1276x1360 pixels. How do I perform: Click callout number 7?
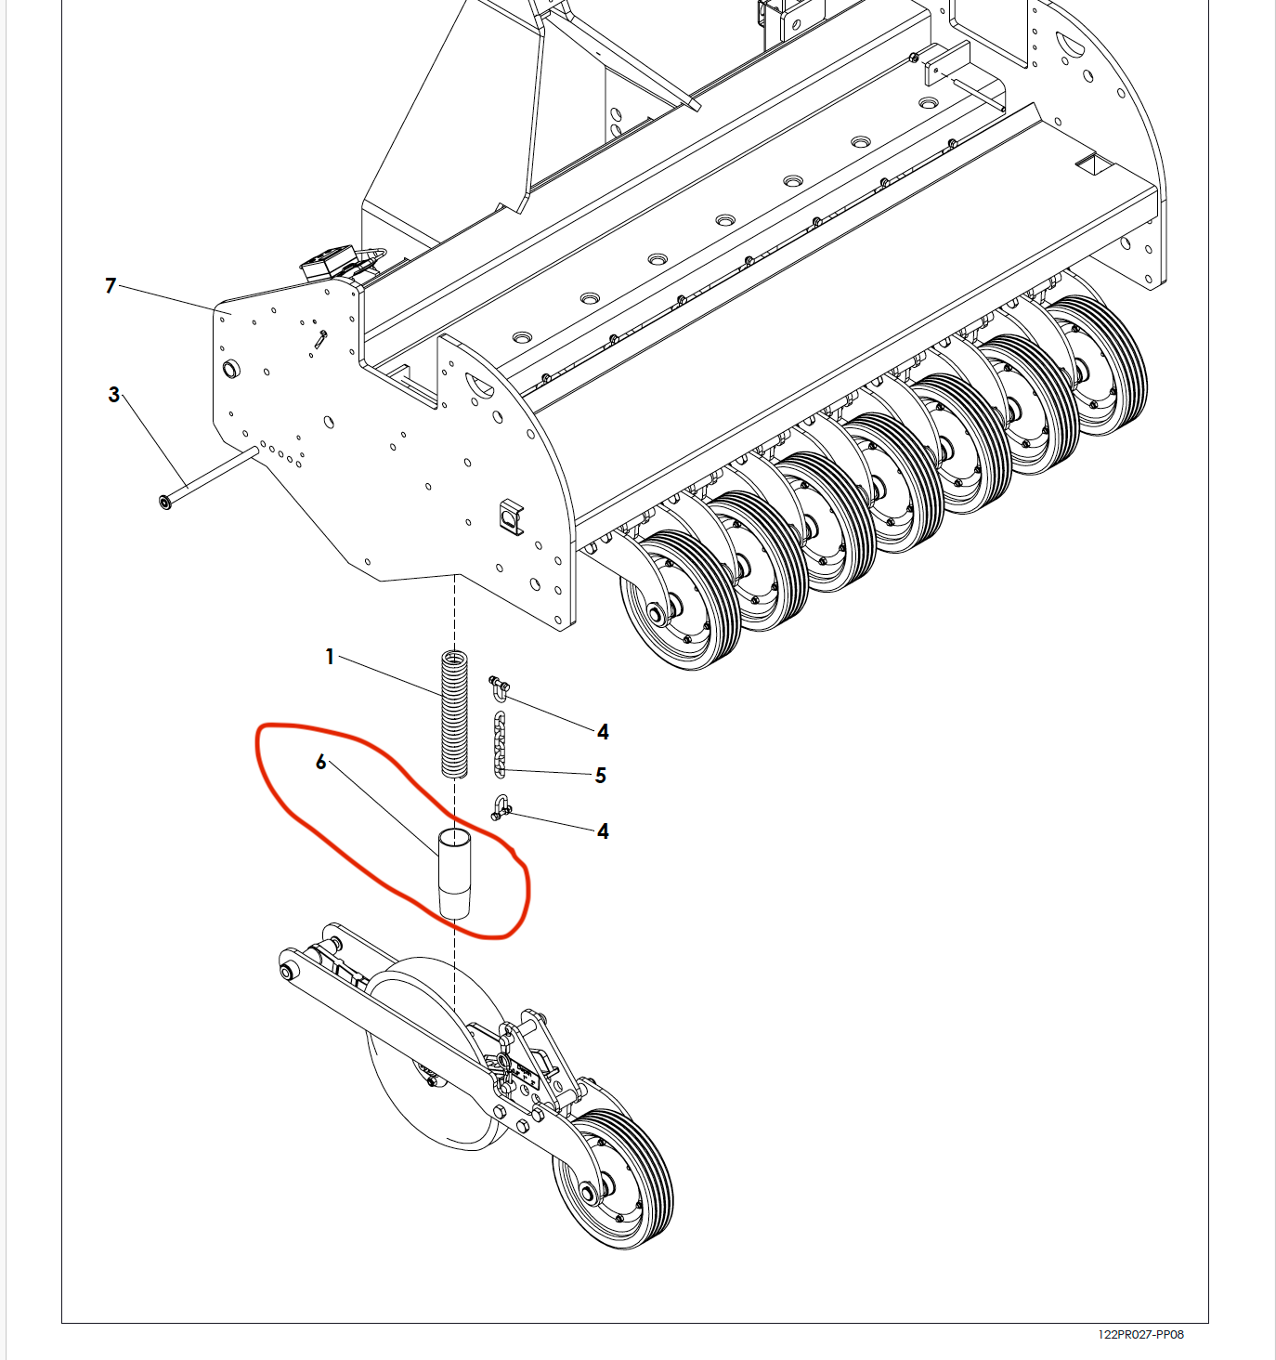pos(111,285)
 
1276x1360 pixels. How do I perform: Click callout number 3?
pos(113,395)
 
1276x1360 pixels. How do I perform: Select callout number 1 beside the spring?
pos(330,657)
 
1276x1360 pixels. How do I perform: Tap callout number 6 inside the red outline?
pos(320,762)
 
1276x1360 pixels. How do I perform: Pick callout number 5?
pos(601,775)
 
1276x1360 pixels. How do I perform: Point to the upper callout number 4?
pos(603,731)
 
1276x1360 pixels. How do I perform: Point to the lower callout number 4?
pos(603,830)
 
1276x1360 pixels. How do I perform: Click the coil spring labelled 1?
pos(454,714)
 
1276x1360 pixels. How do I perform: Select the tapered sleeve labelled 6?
pos(454,873)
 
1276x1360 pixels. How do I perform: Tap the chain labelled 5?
pos(500,744)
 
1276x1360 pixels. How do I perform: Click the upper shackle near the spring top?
pos(500,688)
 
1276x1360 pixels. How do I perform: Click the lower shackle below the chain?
pos(501,808)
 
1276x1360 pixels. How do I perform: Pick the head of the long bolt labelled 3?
pos(165,502)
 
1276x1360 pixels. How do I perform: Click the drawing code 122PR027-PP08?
pos(1141,1334)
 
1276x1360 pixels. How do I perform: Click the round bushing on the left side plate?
pos(231,369)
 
